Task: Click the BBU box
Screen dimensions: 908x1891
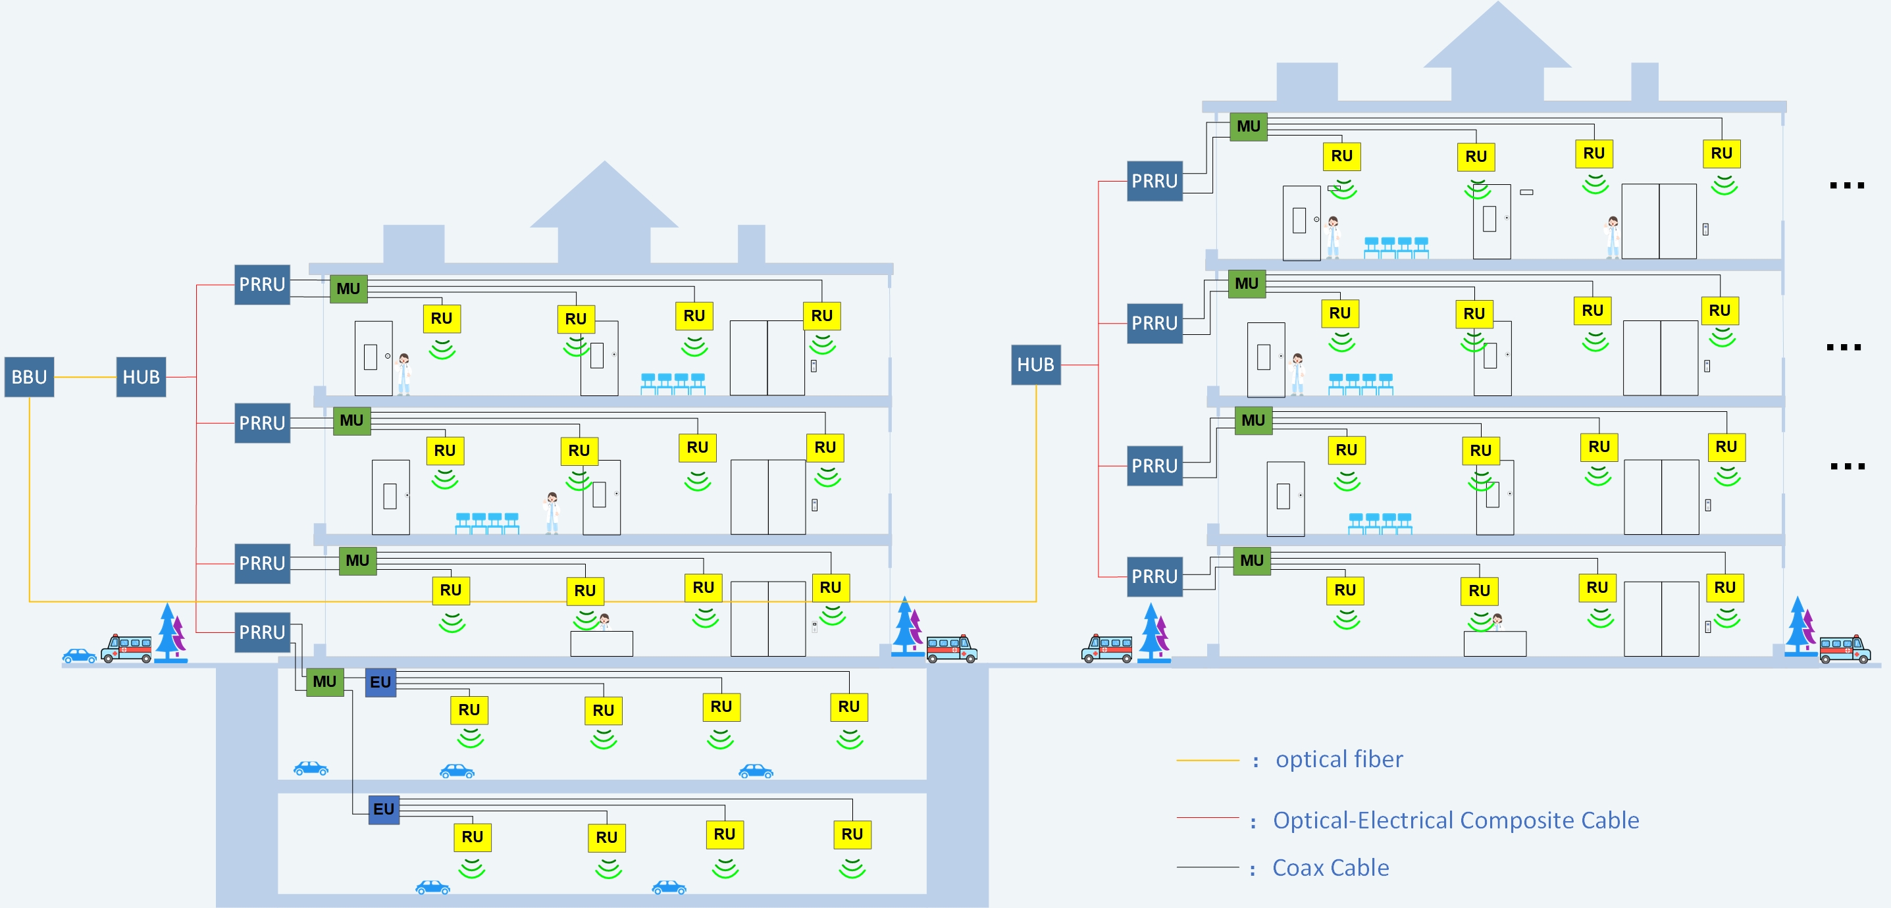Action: coord(30,377)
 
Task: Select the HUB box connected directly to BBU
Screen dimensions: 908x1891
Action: coord(141,377)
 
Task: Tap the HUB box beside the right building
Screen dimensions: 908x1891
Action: coord(1035,365)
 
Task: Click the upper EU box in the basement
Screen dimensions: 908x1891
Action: coord(380,682)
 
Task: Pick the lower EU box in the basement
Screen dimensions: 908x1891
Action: coord(383,809)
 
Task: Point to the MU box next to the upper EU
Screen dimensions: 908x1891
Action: coord(324,681)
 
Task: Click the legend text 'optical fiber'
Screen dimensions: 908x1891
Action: coord(1339,759)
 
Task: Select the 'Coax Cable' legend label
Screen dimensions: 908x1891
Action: coord(1330,868)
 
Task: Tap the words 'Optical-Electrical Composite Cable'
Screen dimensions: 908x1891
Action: coord(1456,820)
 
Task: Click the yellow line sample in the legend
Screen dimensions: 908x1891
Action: coord(1208,761)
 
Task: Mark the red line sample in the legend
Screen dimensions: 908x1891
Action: coord(1208,818)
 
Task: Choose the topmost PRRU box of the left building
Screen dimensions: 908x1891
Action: coord(262,285)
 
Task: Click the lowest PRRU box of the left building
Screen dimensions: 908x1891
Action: coord(262,632)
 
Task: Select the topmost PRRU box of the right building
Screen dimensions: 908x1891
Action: coord(1154,182)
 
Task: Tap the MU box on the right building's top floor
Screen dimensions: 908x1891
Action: coord(1248,126)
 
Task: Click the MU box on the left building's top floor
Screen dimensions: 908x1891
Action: coord(348,288)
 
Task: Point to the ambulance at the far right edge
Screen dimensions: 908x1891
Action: coord(1844,649)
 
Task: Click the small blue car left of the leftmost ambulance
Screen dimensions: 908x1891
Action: coord(79,655)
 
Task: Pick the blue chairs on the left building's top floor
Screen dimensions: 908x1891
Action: coord(673,383)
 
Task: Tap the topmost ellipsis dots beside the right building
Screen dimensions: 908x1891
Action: coord(1846,186)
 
